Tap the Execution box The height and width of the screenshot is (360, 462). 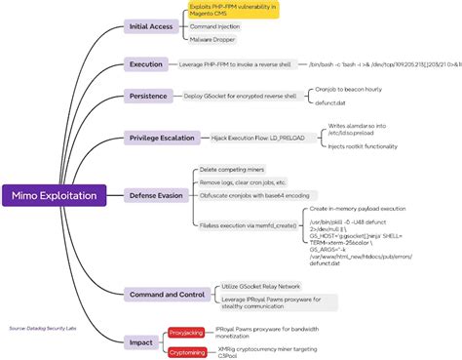pos(146,64)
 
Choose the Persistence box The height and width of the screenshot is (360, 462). pos(149,96)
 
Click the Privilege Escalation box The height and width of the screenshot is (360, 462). pos(162,140)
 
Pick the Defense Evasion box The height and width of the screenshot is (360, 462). pos(156,195)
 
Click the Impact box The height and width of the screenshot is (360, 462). pos(140,341)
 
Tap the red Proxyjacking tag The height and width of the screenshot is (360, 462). pos(186,332)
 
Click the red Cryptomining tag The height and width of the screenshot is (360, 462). pos(187,349)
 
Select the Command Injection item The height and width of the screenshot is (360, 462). pos(215,27)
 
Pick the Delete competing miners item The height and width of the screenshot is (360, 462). pos(232,170)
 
